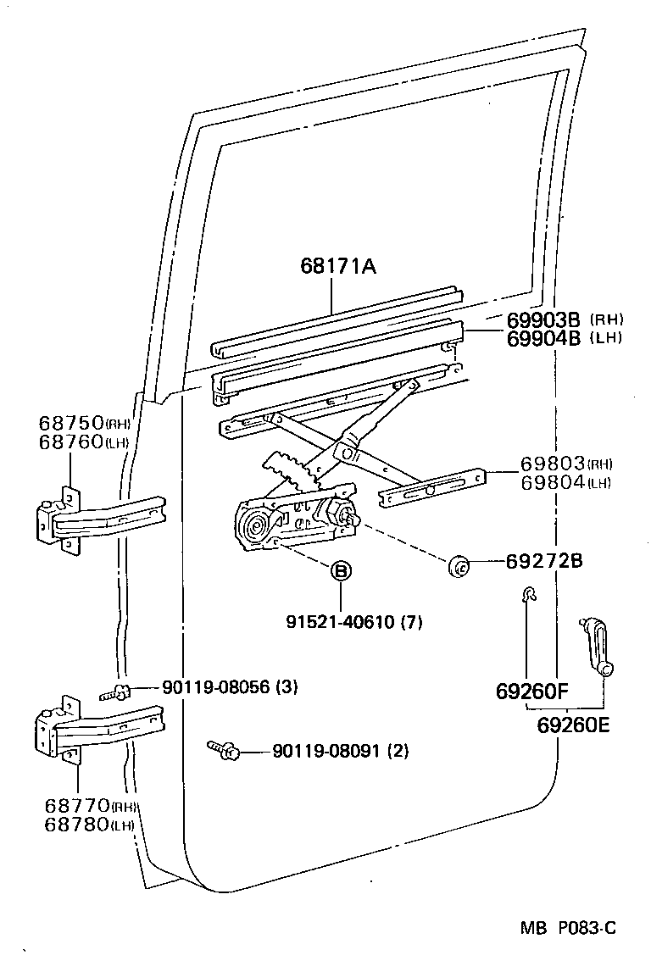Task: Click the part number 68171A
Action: click(x=337, y=266)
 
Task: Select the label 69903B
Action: click(x=543, y=319)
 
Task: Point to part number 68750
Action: click(x=70, y=423)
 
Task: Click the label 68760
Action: click(x=70, y=442)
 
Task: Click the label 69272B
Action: click(x=544, y=561)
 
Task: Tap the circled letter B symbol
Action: click(x=340, y=572)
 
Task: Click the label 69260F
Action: click(x=531, y=692)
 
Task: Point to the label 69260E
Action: click(x=573, y=725)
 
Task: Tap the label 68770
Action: click(x=70, y=805)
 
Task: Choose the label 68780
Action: click(x=70, y=824)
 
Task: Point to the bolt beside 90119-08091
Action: click(x=224, y=749)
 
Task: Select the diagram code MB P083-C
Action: click(x=568, y=928)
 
